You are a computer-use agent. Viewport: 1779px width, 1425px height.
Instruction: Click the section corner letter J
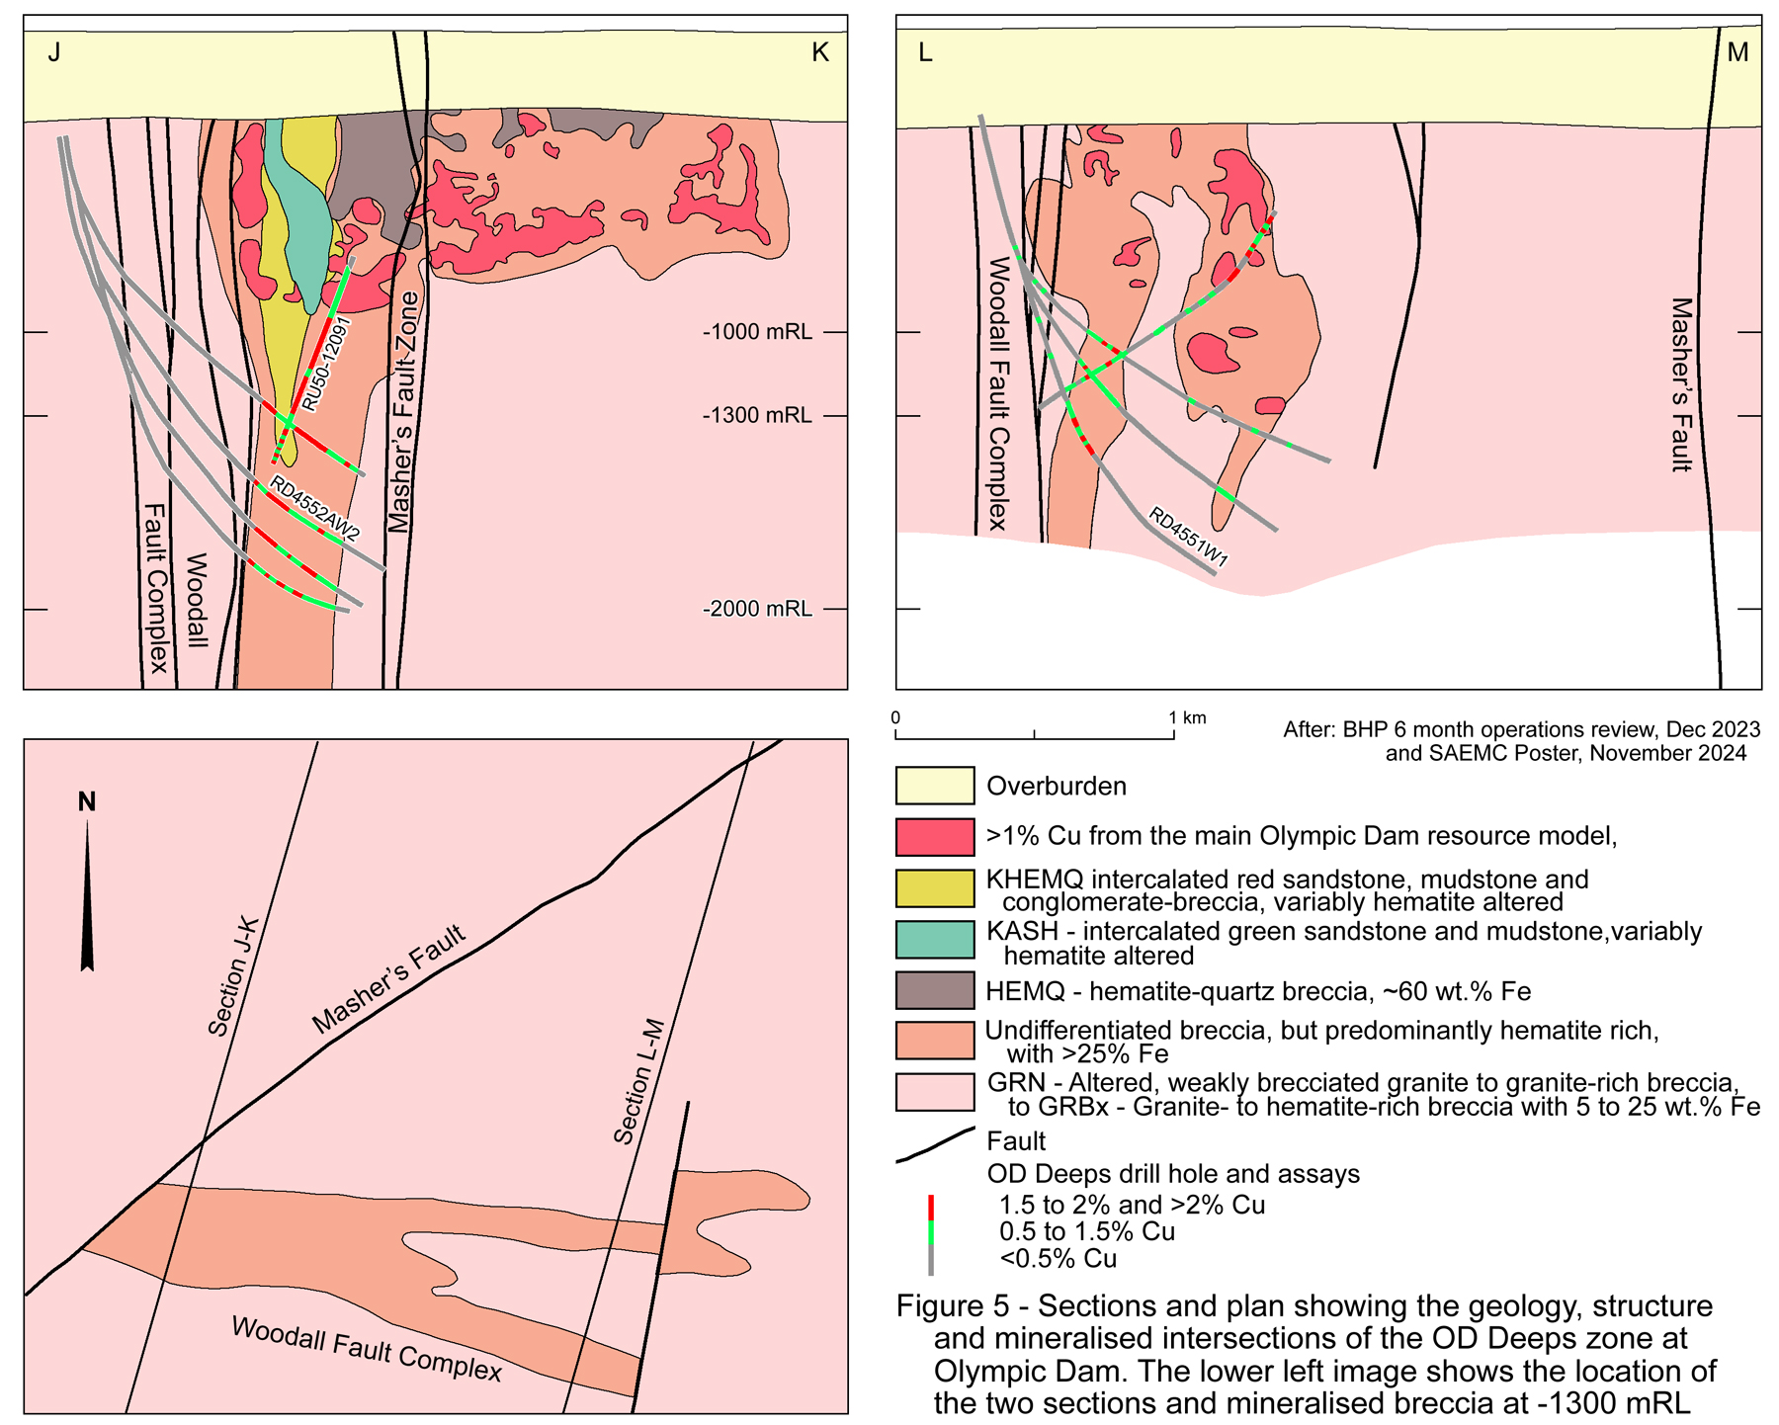(x=54, y=52)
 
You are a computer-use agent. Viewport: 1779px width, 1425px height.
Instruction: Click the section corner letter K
(x=819, y=52)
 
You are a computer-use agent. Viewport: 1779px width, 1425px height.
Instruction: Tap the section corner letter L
(x=925, y=52)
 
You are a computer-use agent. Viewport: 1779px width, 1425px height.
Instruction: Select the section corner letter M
(x=1737, y=52)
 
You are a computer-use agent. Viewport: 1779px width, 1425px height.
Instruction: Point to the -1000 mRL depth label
(x=757, y=332)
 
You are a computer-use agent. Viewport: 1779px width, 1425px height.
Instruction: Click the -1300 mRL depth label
(x=757, y=415)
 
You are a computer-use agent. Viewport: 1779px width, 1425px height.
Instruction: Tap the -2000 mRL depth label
(x=757, y=609)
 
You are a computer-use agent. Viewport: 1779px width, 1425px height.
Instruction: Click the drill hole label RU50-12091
(x=327, y=364)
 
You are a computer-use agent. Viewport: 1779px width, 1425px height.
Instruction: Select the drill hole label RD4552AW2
(x=315, y=509)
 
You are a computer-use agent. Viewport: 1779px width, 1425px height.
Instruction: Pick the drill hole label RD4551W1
(x=1188, y=538)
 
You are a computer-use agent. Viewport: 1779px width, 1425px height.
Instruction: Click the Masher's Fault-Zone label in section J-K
(x=402, y=412)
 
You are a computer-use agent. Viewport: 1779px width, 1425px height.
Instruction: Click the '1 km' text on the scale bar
(x=1187, y=717)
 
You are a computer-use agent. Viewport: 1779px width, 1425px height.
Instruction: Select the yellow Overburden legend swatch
(x=934, y=786)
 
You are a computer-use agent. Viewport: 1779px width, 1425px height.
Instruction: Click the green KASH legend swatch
(x=934, y=939)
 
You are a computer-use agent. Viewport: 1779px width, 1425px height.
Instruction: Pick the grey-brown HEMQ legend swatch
(x=934, y=990)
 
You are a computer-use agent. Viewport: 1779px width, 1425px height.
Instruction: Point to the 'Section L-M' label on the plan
(x=639, y=1081)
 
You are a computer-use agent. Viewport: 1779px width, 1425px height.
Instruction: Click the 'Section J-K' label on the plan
(x=234, y=976)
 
